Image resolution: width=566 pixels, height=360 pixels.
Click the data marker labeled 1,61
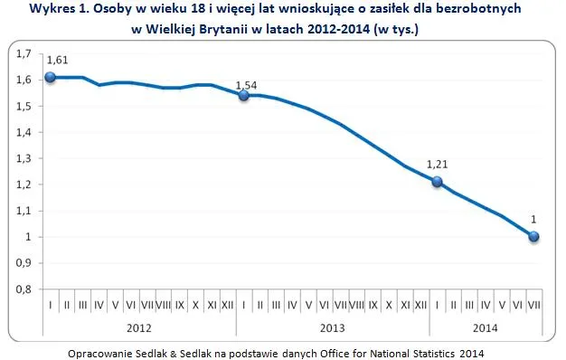(51, 77)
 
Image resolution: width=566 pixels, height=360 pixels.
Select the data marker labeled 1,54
(243, 95)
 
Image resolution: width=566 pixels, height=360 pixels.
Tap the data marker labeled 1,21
(437, 182)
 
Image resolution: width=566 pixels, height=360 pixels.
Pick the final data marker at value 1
(534, 236)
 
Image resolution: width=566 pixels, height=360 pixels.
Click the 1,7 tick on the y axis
(24, 53)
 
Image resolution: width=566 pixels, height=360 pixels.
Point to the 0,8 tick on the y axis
(24, 289)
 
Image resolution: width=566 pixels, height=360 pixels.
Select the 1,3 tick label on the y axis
(24, 158)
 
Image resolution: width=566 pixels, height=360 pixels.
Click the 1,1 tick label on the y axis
(24, 211)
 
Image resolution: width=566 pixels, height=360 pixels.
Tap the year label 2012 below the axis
(139, 328)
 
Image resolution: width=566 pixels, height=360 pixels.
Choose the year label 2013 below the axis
(332, 328)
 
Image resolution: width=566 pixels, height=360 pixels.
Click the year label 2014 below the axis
(486, 328)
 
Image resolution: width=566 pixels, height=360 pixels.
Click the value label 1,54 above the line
(247, 86)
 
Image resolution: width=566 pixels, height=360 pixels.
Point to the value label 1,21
(438, 166)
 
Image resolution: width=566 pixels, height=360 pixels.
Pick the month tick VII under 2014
(534, 306)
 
